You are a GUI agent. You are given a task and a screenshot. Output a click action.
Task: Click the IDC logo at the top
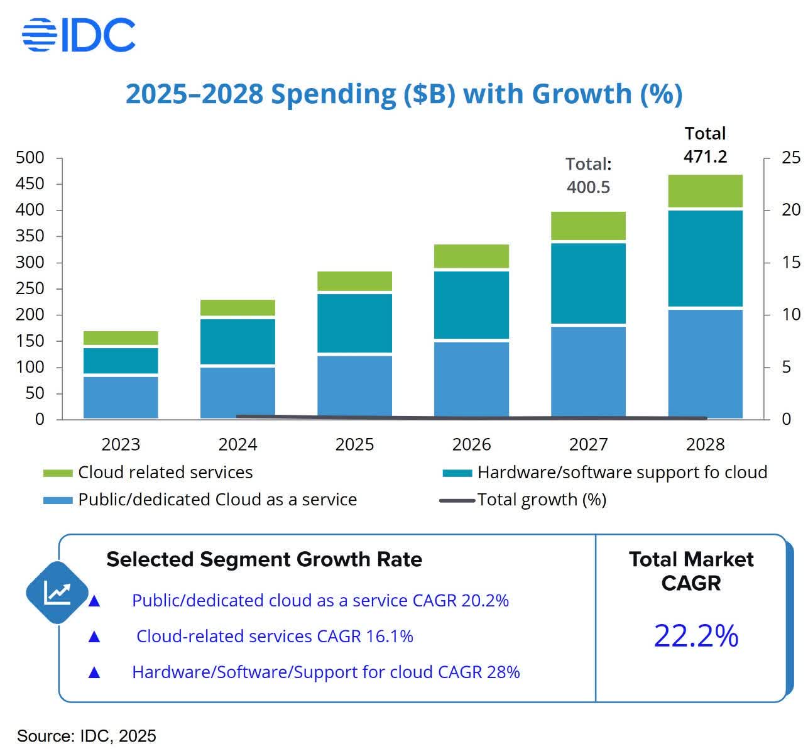click(79, 35)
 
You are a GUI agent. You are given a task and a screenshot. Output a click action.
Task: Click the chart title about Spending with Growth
click(403, 94)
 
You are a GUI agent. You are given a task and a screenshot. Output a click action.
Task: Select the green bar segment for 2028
click(705, 191)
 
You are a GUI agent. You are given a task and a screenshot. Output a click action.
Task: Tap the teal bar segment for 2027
click(588, 283)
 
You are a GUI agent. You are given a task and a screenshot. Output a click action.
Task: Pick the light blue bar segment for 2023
click(121, 397)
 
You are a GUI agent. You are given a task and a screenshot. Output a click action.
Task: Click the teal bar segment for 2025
click(354, 323)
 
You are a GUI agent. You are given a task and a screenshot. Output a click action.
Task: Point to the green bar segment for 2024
click(237, 307)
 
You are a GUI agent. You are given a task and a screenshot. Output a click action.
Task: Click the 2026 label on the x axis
click(471, 445)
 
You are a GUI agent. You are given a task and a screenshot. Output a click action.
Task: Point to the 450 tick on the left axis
click(30, 184)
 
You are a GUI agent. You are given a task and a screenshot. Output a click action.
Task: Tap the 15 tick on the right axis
click(790, 263)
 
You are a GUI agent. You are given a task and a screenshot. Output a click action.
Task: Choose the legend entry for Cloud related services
click(165, 473)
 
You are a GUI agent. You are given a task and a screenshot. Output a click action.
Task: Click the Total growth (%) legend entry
click(541, 500)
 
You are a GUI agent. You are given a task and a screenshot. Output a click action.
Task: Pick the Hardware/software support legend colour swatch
click(457, 473)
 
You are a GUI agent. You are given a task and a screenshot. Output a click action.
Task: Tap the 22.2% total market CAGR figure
click(696, 636)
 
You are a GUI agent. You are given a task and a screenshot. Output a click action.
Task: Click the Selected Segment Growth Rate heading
click(264, 559)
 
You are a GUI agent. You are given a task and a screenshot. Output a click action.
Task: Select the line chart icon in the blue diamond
click(57, 592)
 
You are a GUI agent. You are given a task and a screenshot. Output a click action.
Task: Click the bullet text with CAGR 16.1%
click(275, 637)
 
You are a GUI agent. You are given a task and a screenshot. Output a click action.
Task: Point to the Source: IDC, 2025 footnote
click(87, 736)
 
